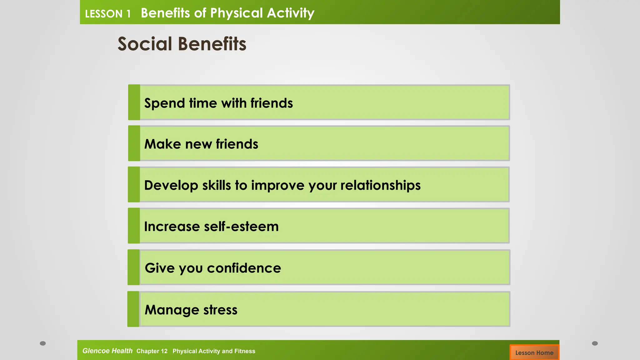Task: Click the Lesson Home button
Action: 534,352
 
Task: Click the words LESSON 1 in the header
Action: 107,14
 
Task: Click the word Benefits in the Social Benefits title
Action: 212,44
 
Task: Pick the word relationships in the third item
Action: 380,185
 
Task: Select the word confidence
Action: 244,268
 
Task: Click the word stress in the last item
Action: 220,310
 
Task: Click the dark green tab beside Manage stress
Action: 133,309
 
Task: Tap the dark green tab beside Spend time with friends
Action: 134,102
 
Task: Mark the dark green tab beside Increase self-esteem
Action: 134,226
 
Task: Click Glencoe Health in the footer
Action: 107,351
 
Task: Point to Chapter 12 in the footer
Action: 152,351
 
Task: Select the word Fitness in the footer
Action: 245,351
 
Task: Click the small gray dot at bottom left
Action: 43,343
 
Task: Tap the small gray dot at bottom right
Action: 595,343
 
